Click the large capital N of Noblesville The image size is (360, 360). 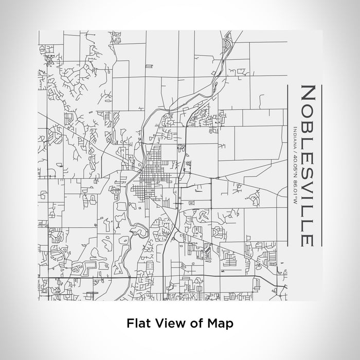(308, 94)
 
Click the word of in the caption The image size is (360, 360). (194, 323)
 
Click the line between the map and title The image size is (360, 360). (287, 165)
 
